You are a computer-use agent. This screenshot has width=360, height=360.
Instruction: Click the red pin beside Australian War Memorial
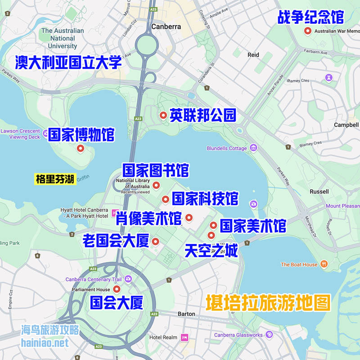point(308,31)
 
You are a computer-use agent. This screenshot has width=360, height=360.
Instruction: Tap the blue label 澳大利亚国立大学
point(68,62)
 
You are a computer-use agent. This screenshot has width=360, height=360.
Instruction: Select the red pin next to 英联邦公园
point(163,115)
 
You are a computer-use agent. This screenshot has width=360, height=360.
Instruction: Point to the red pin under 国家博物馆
point(81,148)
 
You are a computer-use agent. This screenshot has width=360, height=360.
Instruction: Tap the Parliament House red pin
point(117,289)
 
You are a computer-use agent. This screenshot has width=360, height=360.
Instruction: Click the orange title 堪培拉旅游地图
point(268,303)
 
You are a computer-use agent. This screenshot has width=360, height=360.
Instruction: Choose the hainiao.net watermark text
point(45,343)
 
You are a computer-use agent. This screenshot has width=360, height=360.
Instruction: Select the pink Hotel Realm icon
point(184,337)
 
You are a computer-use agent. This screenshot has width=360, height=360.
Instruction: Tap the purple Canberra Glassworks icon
point(269,334)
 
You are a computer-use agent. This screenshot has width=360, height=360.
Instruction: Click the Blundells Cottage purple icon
point(253,148)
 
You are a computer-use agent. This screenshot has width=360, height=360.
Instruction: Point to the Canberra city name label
point(166,27)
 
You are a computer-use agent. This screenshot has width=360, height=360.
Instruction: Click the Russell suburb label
point(319,191)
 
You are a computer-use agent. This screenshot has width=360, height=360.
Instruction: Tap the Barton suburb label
point(186,314)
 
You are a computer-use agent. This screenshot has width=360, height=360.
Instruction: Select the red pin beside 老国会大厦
point(156,241)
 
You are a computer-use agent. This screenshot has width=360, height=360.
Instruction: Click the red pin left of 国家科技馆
point(165,199)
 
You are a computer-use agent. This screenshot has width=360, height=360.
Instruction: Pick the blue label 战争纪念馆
point(310,17)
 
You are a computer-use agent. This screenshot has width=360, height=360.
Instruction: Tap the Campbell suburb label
point(346,125)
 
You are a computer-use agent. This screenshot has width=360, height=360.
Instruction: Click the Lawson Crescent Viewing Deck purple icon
point(45,132)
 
